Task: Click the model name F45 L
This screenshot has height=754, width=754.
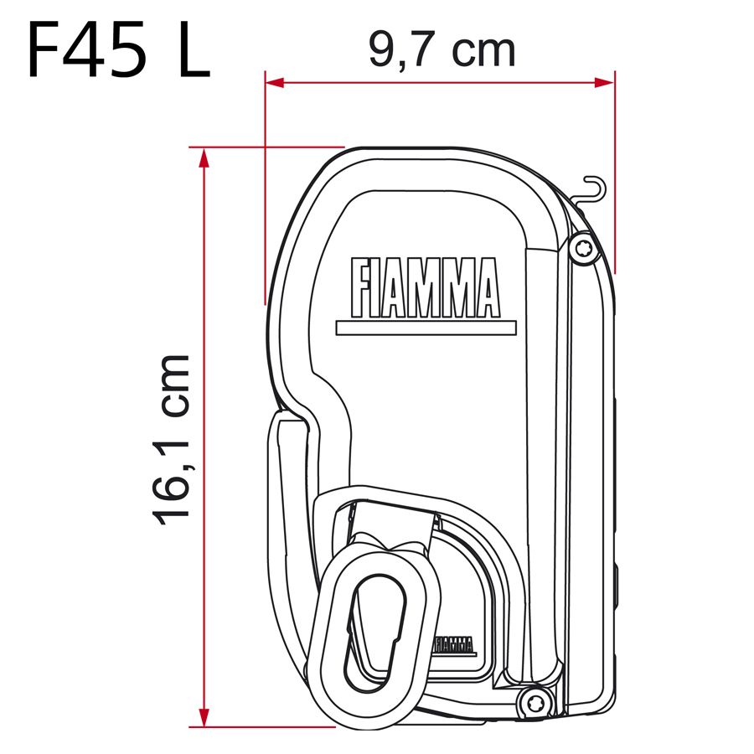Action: click(117, 52)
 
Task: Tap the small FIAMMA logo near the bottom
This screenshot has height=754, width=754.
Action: click(453, 643)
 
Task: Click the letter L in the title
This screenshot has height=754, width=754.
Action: click(190, 52)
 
